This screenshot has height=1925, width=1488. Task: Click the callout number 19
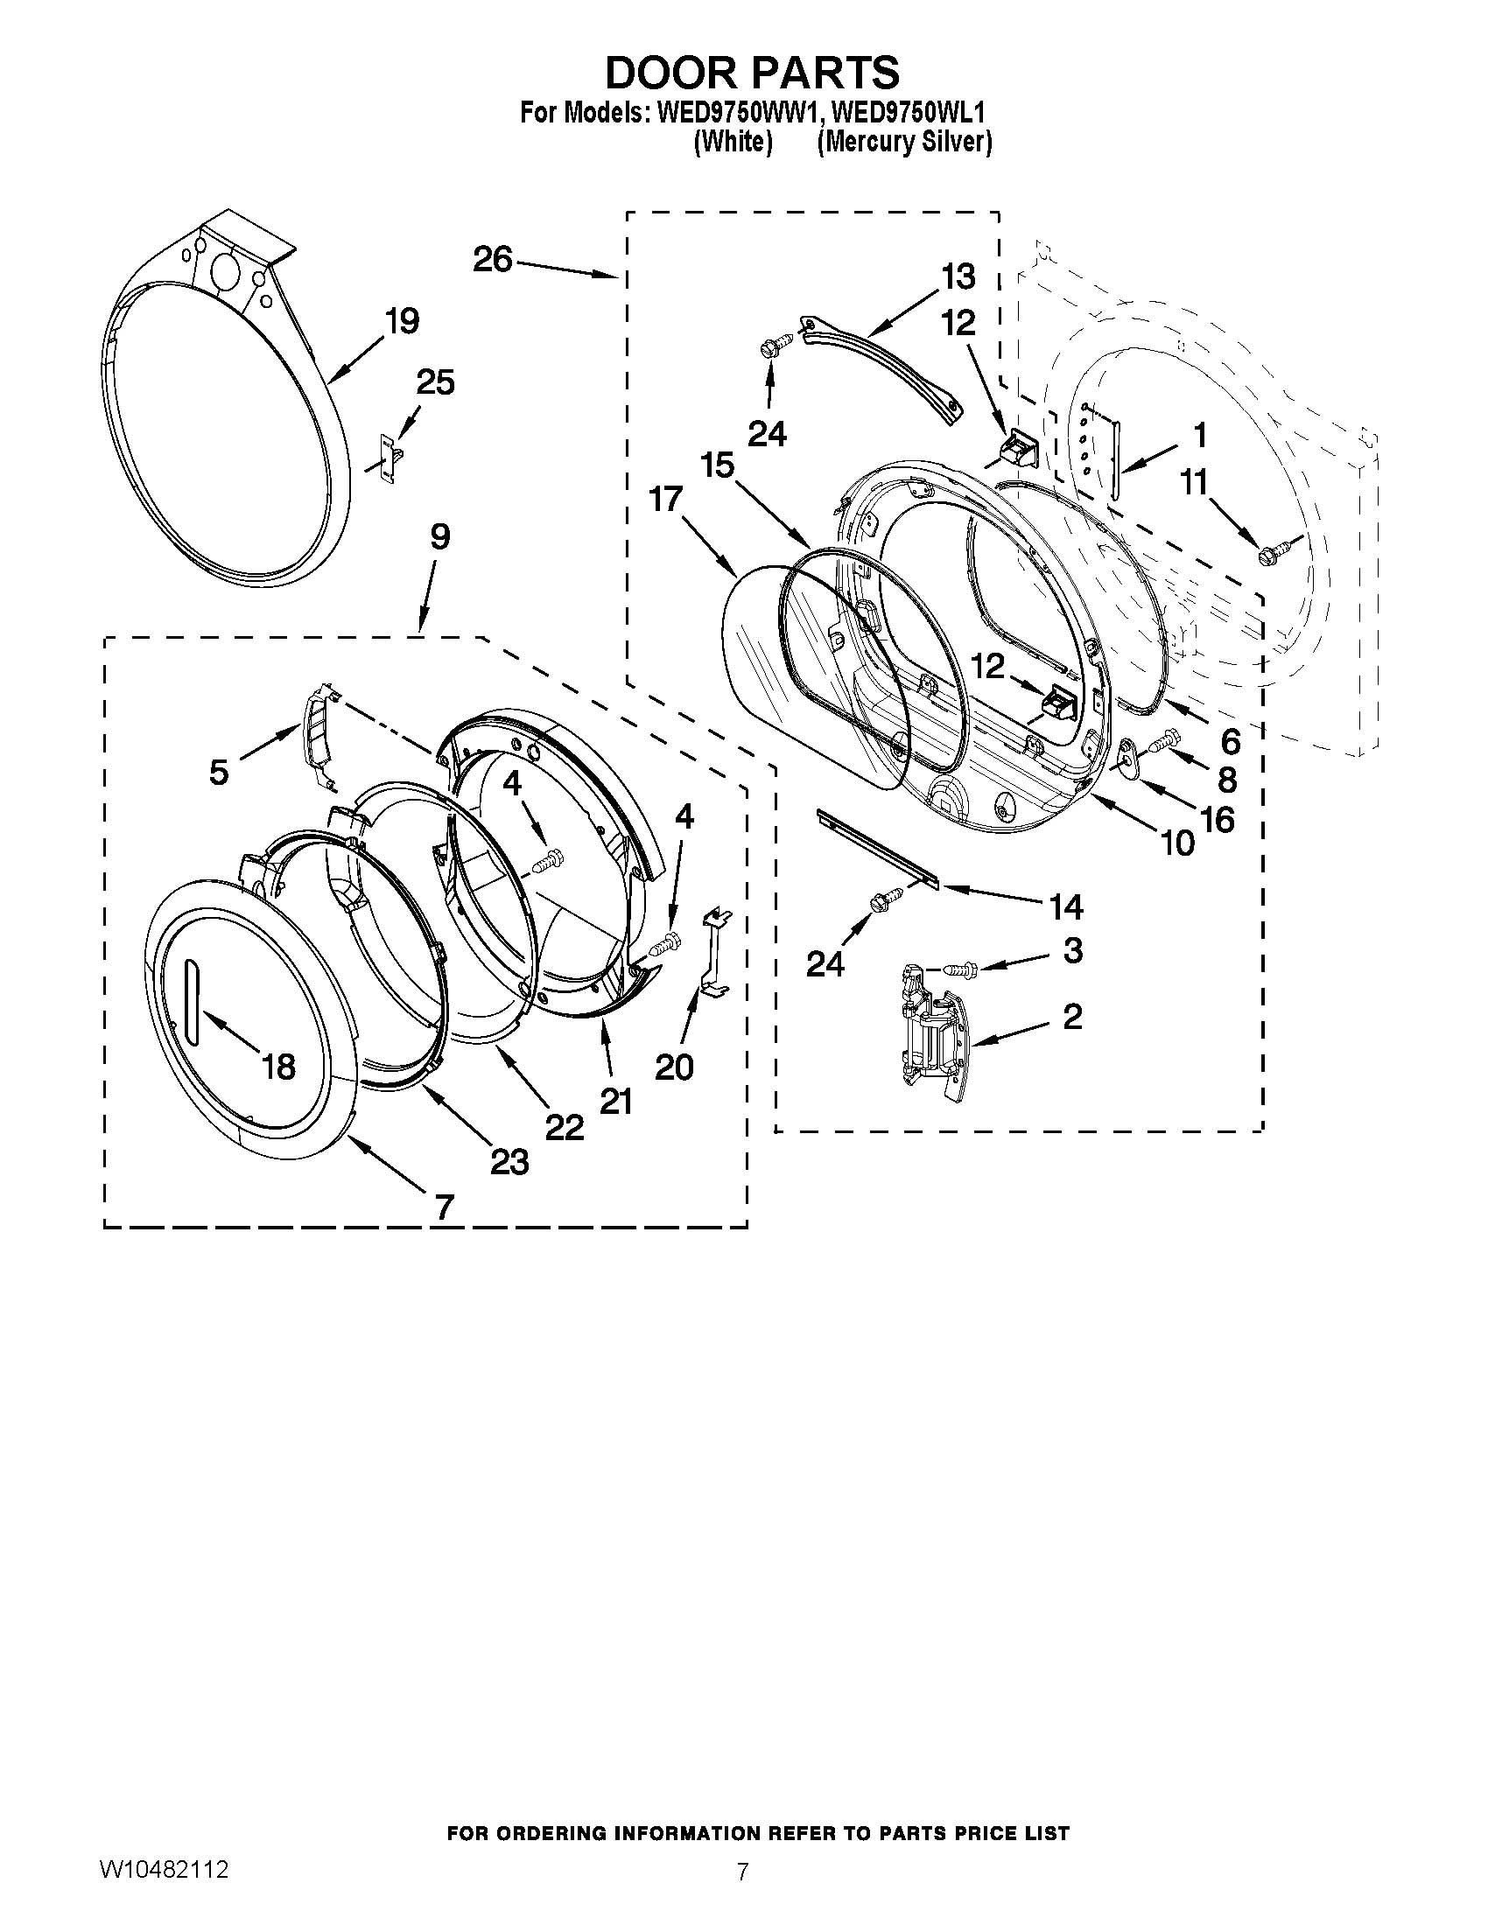click(402, 322)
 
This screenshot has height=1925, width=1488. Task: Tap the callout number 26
click(492, 260)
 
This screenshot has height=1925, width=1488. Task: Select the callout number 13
click(958, 277)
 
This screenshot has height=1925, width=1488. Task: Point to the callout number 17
click(665, 500)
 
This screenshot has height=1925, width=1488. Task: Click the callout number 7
click(444, 1206)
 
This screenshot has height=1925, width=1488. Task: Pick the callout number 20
click(674, 1067)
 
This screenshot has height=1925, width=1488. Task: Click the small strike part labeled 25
click(389, 458)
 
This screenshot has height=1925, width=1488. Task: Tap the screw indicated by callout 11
click(1269, 556)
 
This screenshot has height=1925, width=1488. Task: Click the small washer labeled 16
click(1127, 757)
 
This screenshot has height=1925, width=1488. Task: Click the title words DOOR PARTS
click(751, 73)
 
